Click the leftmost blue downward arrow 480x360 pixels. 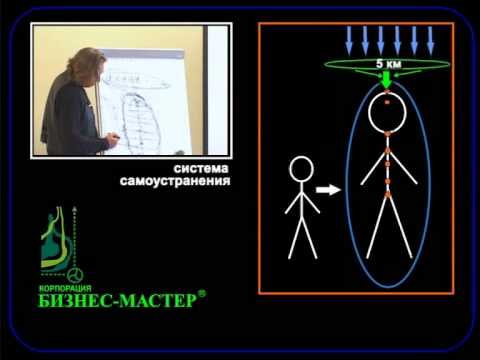tap(348, 41)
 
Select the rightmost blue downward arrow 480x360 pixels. tap(431, 41)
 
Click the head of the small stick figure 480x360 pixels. tap(301, 171)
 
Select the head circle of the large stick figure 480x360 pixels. tap(387, 113)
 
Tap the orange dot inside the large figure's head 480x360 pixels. tap(387, 103)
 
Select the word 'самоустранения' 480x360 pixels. tap(189, 183)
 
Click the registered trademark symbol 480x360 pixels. tap(202, 294)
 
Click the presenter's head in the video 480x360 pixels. tap(85, 63)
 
